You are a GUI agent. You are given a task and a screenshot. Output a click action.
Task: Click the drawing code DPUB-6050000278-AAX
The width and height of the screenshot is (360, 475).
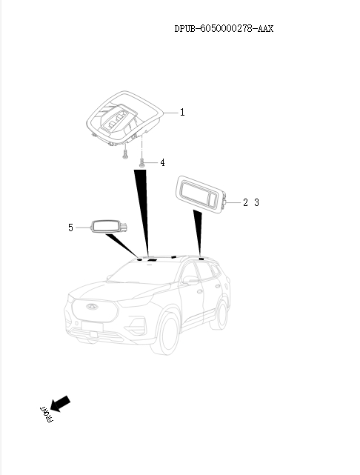[x=224, y=28]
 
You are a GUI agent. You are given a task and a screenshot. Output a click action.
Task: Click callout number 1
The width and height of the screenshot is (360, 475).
[x=182, y=113]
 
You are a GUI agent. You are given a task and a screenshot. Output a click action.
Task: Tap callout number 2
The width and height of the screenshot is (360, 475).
[x=245, y=202]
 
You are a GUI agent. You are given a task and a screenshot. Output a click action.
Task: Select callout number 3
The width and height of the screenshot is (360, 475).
[x=257, y=202]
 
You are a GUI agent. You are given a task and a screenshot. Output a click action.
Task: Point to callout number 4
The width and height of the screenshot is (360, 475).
[x=162, y=163]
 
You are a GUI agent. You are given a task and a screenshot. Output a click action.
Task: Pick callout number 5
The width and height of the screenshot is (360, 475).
[x=70, y=227]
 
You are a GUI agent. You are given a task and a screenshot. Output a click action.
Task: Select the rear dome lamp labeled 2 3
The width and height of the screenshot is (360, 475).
[x=201, y=195]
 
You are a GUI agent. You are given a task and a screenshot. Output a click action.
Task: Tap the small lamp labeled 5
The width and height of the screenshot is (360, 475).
[x=108, y=227]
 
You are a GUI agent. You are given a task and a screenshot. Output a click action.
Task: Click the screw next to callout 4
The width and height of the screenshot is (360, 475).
[x=141, y=163]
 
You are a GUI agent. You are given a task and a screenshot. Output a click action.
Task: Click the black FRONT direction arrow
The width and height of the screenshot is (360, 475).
[x=60, y=404]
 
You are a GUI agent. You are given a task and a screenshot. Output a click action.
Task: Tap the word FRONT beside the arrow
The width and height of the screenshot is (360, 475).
[x=47, y=414]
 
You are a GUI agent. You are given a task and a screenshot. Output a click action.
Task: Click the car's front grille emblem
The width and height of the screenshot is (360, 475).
[x=92, y=306]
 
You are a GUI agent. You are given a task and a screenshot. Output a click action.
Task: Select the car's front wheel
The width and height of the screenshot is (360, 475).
[x=165, y=333]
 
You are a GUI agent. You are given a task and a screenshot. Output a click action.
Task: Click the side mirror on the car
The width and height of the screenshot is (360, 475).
[x=190, y=280]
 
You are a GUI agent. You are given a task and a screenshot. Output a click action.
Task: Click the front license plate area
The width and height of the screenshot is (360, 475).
[x=92, y=326]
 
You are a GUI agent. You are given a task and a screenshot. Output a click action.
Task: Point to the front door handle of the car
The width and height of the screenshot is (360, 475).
[x=199, y=291]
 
